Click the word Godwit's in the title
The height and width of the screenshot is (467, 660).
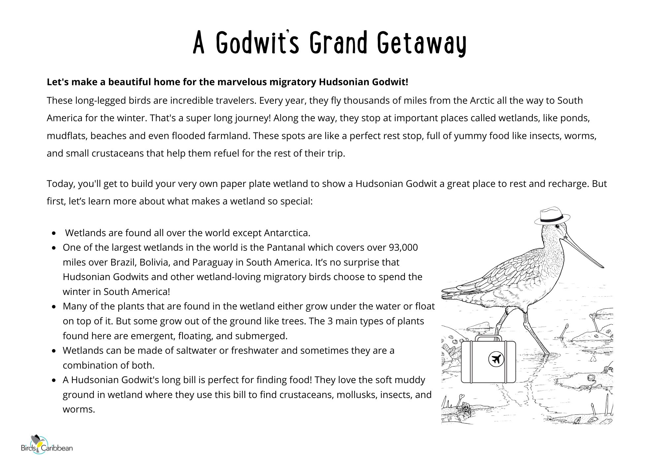[x=257, y=43]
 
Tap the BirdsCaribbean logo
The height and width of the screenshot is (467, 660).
[x=47, y=446]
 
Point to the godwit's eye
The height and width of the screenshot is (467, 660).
[x=557, y=227]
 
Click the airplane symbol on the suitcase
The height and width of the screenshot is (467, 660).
[x=496, y=359]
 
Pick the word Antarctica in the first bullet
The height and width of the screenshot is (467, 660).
[x=287, y=233]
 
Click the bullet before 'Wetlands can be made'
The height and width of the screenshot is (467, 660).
[x=54, y=351]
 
